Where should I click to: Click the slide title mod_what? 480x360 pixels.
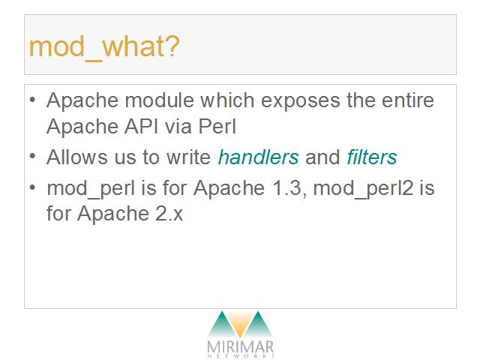(104, 47)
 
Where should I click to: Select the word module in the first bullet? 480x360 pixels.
(160, 100)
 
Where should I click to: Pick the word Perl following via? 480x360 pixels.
(217, 126)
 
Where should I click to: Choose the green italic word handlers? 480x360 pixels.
(258, 157)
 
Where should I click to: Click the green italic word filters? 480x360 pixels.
(372, 157)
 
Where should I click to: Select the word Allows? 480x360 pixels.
(76, 157)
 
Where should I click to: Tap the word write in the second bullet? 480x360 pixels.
(188, 157)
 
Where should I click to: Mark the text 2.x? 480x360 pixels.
(169, 213)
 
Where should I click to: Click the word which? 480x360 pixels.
(227, 100)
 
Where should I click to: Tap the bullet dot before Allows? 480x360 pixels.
(33, 157)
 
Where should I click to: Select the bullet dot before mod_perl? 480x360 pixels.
(33, 187)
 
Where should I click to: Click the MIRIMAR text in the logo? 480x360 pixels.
(240, 347)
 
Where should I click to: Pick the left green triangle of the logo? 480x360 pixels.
(223, 325)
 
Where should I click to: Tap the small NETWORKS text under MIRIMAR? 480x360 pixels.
(241, 356)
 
